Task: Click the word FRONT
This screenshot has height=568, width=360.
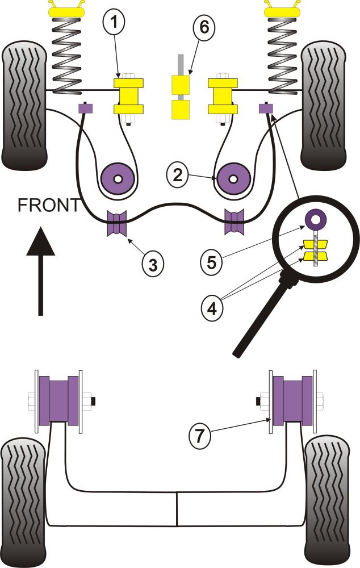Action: [x=48, y=205]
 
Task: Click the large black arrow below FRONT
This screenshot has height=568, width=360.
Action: [x=40, y=267]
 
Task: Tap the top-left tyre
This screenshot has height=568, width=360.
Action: [x=25, y=105]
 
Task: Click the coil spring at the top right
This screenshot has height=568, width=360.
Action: [x=283, y=54]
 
